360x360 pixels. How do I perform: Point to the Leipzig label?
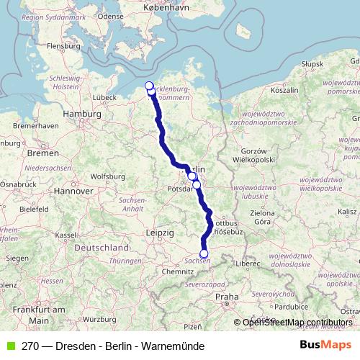click(159, 233)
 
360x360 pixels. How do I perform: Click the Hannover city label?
click(74, 192)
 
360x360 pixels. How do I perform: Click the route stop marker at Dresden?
click(204, 253)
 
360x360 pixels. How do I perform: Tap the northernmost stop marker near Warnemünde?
click(149, 86)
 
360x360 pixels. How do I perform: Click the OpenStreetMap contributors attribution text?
click(297, 323)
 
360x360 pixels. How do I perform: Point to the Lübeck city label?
click(104, 96)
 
